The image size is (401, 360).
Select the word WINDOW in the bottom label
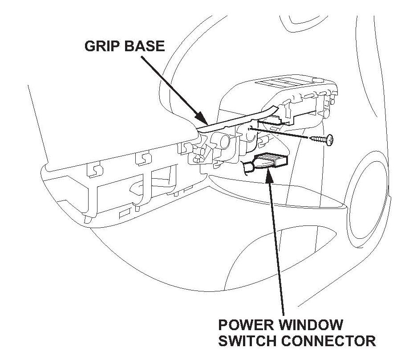pos(311,324)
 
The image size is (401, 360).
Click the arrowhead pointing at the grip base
pos(204,120)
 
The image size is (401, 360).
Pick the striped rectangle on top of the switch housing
pos(285,83)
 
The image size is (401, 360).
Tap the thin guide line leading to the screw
pos(285,134)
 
